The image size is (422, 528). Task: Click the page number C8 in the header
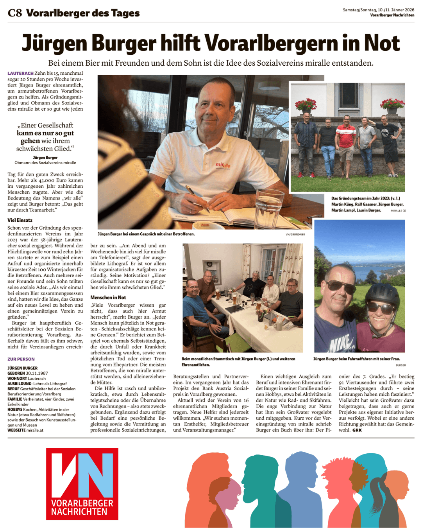[14, 13]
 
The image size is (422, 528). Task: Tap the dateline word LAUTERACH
[20, 73]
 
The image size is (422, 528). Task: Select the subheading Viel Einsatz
[20, 220]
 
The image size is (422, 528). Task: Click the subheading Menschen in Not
[108, 297]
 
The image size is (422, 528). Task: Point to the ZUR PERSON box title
[21, 359]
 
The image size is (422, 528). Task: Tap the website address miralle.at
[35, 430]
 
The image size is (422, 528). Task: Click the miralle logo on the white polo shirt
[223, 165]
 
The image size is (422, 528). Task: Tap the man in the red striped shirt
[346, 141]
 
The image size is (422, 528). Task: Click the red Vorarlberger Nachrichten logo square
[82, 484]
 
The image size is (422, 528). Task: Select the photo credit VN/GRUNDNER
[295, 234]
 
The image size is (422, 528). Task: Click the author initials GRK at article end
[357, 430]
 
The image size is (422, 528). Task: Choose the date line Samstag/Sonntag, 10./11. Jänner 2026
[378, 10]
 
